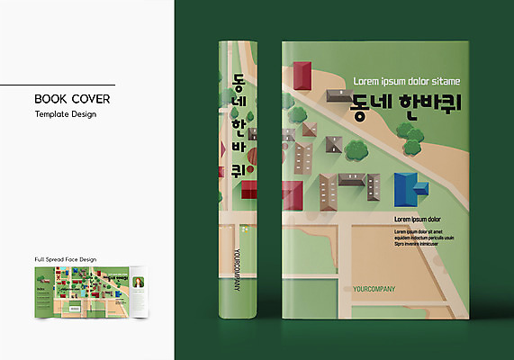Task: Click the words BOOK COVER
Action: (72, 98)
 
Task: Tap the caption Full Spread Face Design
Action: (66, 259)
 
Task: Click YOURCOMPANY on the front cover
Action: (382, 290)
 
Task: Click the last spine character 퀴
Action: (239, 168)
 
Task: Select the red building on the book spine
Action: (248, 189)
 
